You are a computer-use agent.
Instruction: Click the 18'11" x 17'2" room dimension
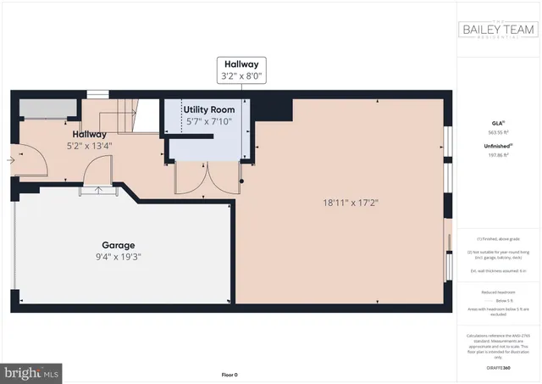click(x=350, y=203)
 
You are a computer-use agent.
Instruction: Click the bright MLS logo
click(x=33, y=370)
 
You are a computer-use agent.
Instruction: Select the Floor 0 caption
click(x=230, y=374)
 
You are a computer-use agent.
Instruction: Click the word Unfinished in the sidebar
click(x=497, y=146)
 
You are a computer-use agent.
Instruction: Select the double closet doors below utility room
click(x=207, y=176)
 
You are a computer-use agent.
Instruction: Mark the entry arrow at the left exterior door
click(x=10, y=159)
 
